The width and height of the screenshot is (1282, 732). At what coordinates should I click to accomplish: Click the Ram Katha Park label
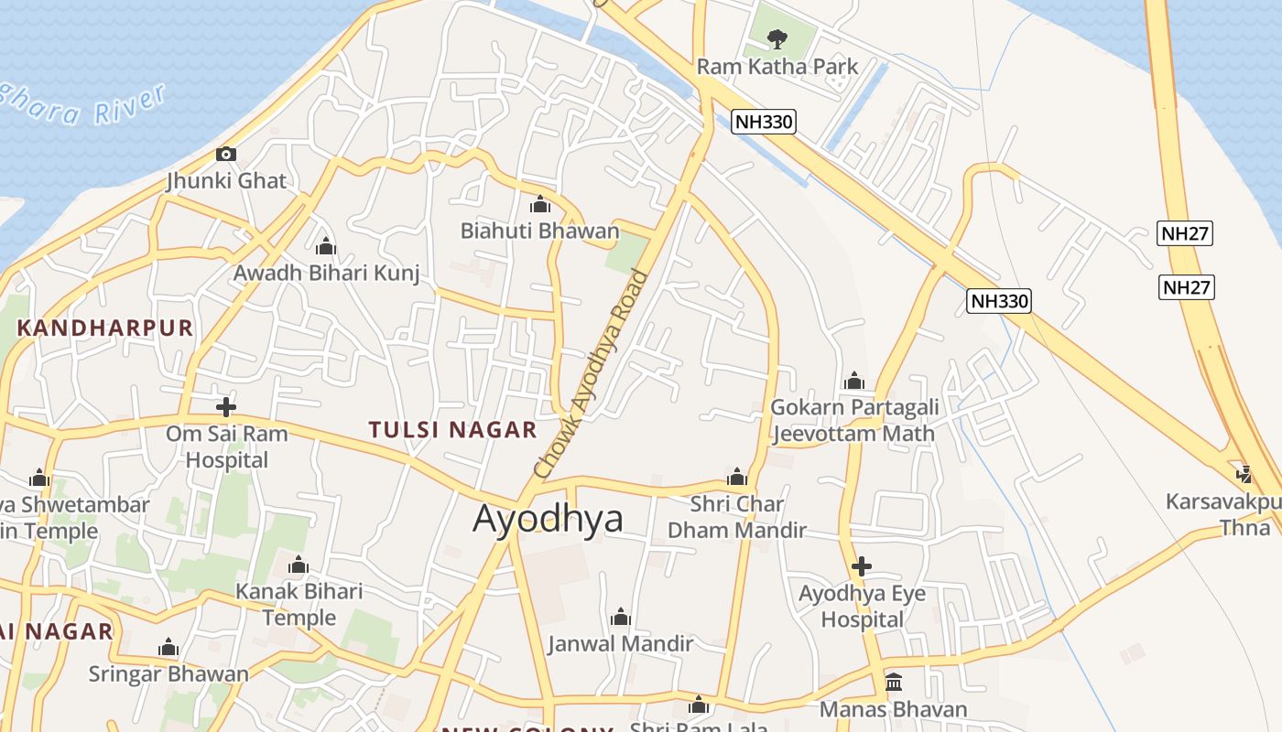coord(777,67)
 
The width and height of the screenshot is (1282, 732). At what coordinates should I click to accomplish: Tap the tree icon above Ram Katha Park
coord(777,39)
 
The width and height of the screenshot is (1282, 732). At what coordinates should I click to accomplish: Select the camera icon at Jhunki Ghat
coord(226,154)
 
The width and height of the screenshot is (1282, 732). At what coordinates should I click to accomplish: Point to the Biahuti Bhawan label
coord(539,231)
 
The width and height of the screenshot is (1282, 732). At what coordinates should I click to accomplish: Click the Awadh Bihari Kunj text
coord(326,273)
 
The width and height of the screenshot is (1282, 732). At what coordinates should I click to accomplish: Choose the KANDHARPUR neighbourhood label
coord(105,328)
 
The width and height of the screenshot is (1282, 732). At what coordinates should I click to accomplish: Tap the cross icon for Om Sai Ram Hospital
coord(226,406)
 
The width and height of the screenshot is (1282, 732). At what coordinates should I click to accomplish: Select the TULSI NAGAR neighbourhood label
coord(452,429)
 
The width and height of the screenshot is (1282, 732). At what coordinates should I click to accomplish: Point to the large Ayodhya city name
coord(548,519)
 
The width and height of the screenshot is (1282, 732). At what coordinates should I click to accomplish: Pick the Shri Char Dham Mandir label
coord(737,517)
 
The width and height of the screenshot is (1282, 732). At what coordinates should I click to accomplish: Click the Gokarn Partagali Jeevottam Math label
coord(853,420)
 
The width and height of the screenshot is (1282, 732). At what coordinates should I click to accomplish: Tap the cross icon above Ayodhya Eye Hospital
coord(861,566)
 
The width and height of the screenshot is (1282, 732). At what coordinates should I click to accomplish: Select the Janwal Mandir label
coord(620,644)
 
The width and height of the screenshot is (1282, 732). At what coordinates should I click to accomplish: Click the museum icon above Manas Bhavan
coord(893,683)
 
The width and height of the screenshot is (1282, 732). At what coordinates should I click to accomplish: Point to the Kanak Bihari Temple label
coord(299,604)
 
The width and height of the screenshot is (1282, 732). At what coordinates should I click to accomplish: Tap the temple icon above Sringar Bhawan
coord(168,648)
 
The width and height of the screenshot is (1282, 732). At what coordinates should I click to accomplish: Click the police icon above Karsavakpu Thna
coord(1244,474)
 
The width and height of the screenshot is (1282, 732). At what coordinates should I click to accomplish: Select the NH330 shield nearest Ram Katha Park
coord(763,121)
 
